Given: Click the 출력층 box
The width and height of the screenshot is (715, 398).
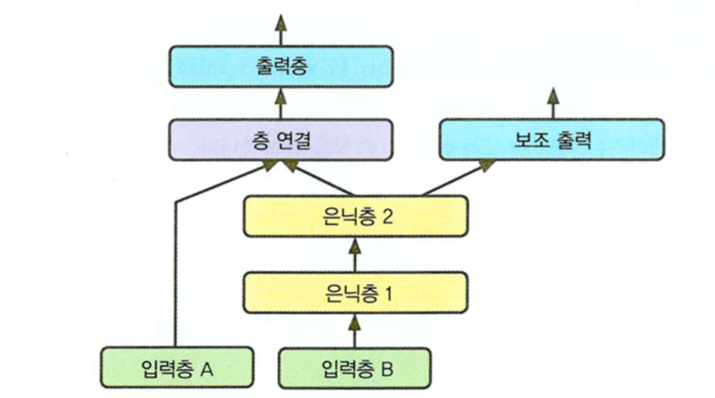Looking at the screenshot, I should pos(281,66).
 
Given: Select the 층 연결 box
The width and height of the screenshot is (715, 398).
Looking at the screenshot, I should pos(281,140).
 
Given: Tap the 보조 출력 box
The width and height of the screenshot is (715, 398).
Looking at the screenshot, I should pos(552,140).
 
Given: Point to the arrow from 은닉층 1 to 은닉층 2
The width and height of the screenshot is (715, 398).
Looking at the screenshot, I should pos(354,254).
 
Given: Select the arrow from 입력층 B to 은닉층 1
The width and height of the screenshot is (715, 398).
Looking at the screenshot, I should pos(354,330).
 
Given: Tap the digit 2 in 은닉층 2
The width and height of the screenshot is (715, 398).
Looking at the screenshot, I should pos(388,216).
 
